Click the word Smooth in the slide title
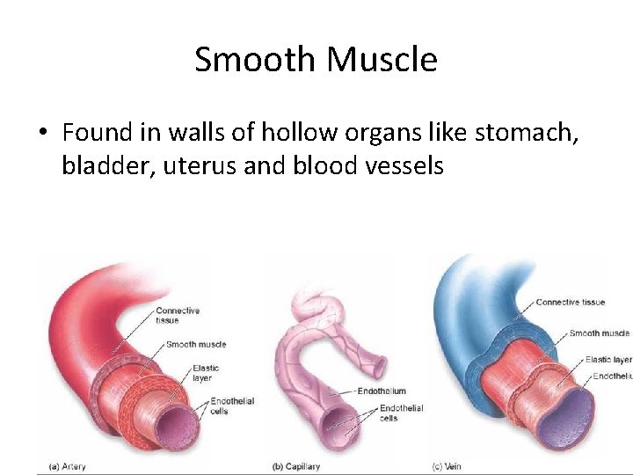(x=256, y=60)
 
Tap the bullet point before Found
(x=42, y=134)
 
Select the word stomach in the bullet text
(x=530, y=133)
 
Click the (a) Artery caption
(x=67, y=466)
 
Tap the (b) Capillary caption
(x=297, y=466)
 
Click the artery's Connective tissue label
(x=178, y=315)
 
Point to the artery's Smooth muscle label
(x=196, y=344)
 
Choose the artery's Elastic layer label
(x=206, y=373)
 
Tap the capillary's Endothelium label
(x=382, y=391)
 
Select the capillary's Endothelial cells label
(x=401, y=413)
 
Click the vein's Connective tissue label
(x=571, y=303)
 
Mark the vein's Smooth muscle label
(x=600, y=333)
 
